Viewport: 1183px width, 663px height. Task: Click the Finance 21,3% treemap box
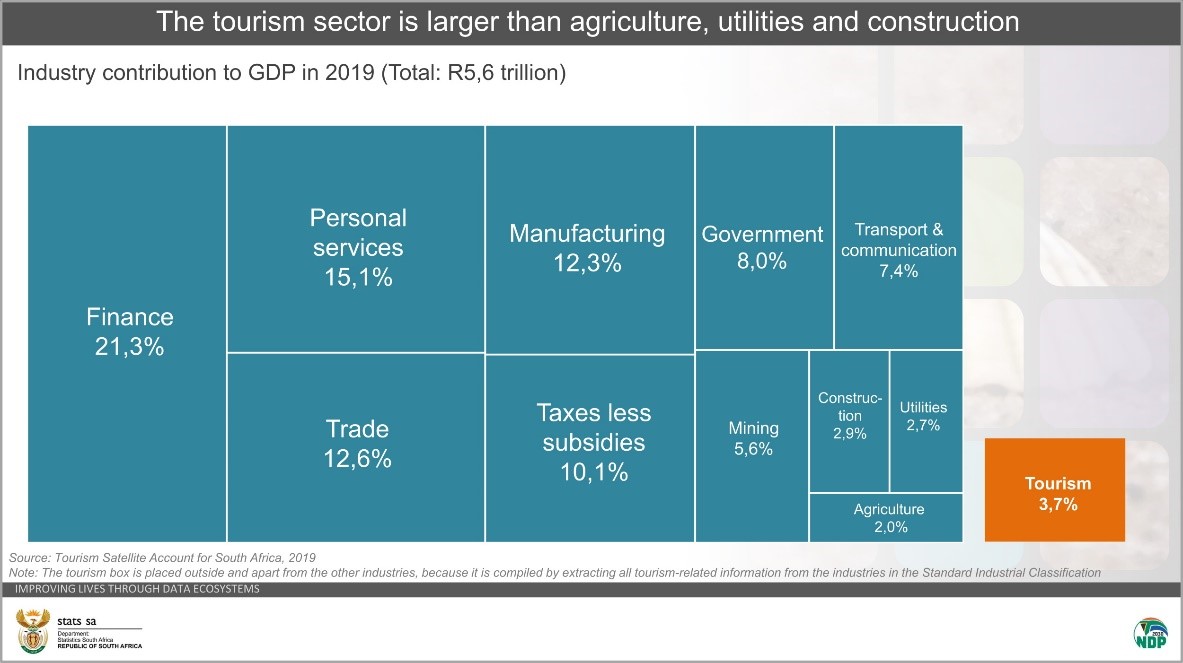click(128, 333)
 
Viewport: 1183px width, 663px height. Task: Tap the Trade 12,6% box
click(356, 446)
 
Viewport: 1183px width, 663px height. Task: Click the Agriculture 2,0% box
click(887, 517)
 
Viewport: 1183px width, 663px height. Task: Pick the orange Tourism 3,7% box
click(1055, 490)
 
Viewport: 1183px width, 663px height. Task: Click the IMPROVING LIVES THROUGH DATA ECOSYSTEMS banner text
click(137, 589)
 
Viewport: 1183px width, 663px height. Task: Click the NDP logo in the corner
click(1149, 632)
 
